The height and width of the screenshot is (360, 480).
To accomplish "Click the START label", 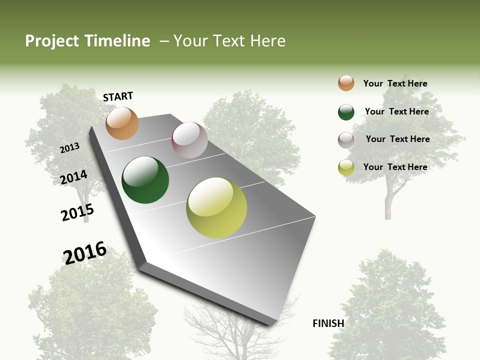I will click(118, 96).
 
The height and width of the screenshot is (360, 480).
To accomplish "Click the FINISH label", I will click(328, 323).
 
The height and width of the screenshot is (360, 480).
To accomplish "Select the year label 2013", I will click(70, 148).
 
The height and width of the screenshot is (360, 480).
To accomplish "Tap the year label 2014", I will click(74, 177).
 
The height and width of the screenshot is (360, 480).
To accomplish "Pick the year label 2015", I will click(77, 212).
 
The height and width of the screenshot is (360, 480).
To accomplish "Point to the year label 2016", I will click(85, 253).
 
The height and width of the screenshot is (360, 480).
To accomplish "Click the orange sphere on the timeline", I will click(122, 123).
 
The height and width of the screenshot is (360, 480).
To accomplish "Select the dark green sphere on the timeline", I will click(145, 180).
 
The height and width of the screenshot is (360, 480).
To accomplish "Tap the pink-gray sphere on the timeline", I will click(189, 140).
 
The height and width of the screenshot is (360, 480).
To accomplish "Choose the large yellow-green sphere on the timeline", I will click(216, 207).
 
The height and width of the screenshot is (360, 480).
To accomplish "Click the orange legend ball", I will click(346, 83).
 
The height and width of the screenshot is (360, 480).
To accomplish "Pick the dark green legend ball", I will click(346, 112).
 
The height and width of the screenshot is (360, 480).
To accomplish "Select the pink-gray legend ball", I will click(346, 140).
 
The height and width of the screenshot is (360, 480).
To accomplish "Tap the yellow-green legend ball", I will click(346, 167).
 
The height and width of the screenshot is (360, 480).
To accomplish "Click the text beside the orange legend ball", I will click(395, 83).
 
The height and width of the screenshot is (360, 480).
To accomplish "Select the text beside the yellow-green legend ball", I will click(395, 167).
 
